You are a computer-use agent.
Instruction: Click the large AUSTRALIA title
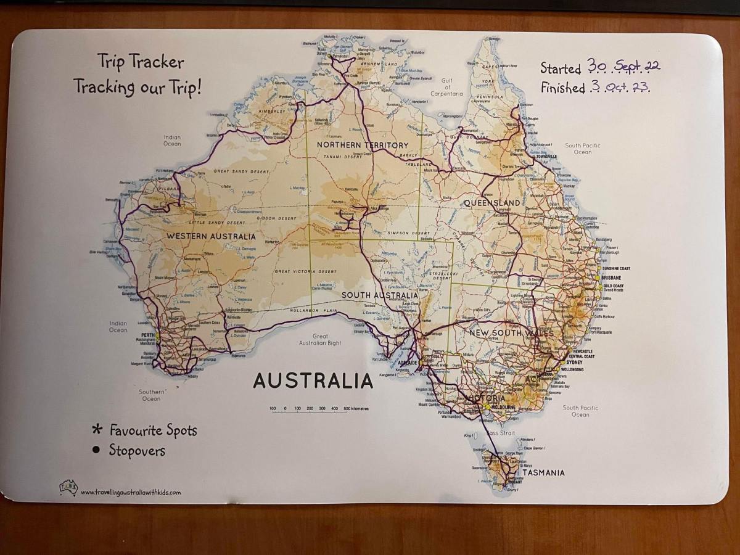click(313, 380)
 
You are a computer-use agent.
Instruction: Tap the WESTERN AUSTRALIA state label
click(210, 236)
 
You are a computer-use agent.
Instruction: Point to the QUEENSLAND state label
click(491, 203)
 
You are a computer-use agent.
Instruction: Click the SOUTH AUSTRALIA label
click(380, 295)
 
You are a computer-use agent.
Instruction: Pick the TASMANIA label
click(543, 473)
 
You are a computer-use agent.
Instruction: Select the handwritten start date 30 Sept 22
click(623, 66)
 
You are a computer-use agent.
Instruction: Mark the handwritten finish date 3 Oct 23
click(619, 87)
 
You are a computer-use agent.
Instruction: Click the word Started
click(560, 68)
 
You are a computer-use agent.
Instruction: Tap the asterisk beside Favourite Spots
click(96, 430)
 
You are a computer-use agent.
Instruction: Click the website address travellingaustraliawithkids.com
click(131, 492)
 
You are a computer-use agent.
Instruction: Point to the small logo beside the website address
click(68, 487)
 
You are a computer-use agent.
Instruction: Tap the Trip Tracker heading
click(141, 62)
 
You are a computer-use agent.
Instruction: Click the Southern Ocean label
click(152, 395)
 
